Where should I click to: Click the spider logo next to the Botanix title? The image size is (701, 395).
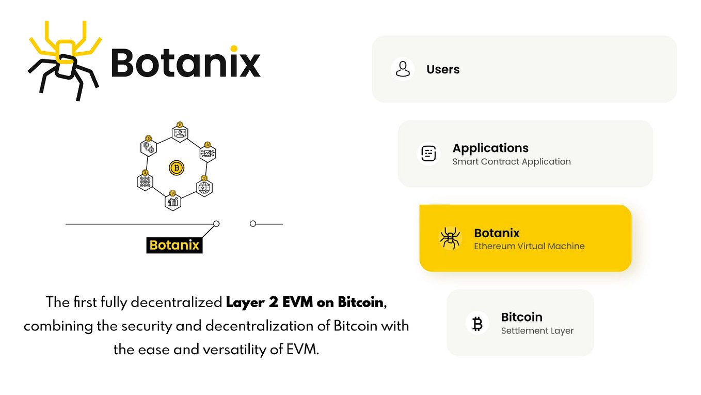tap(65, 59)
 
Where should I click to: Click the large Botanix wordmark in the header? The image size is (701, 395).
tap(185, 63)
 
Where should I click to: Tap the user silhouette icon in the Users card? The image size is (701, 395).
tap(403, 69)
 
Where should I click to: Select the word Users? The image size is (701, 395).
tap(443, 69)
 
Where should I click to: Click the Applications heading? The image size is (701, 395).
tap(490, 148)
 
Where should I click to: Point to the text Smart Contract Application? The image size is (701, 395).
tap(512, 162)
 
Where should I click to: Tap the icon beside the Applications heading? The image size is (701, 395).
tap(428, 154)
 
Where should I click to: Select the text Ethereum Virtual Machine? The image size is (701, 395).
tap(529, 246)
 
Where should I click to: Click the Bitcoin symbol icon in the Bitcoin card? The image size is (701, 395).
tap(477, 323)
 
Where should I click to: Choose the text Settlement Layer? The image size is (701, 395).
tap(537, 331)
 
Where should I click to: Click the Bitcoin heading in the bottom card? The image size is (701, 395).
tap(521, 317)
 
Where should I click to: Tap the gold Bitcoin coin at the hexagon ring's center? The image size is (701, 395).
tap(177, 168)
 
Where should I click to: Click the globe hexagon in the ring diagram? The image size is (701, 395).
tap(204, 187)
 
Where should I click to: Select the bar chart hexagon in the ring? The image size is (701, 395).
tap(173, 201)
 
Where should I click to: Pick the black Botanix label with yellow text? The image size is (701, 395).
tap(174, 245)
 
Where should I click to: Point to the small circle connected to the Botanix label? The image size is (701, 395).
tap(216, 224)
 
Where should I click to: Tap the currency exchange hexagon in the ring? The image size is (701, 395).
tap(149, 147)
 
